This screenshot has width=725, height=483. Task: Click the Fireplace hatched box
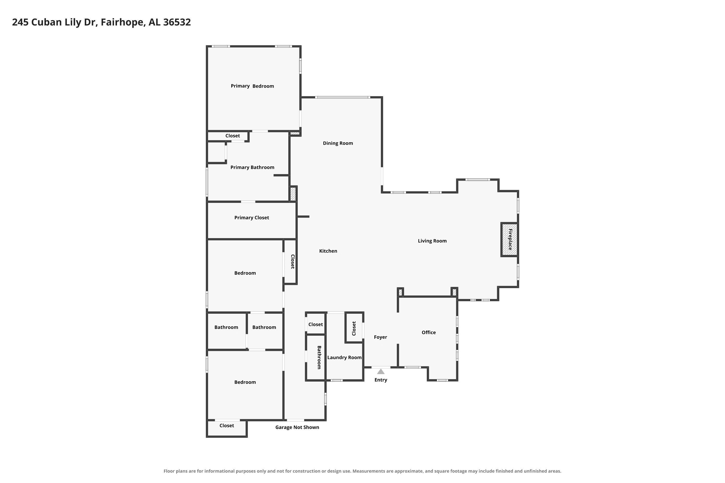tap(509, 239)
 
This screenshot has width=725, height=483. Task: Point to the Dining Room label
tap(338, 143)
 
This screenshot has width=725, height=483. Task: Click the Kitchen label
tap(328, 251)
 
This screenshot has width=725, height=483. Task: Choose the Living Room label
tap(432, 241)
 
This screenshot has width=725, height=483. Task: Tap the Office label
tap(428, 332)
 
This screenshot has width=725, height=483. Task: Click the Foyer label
tap(380, 337)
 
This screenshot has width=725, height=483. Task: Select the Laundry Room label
tap(344, 357)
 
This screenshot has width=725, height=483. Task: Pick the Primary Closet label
tap(252, 218)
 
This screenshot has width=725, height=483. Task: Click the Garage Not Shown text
tap(297, 427)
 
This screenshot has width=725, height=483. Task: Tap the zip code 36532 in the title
tap(177, 22)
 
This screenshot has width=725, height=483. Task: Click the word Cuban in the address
tap(47, 22)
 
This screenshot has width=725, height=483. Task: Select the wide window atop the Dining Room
tap(342, 97)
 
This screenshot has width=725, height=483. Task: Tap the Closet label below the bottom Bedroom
tap(227, 425)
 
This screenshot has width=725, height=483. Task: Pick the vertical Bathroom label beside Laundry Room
tap(319, 357)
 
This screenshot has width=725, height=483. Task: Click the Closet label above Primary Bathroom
tap(232, 136)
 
